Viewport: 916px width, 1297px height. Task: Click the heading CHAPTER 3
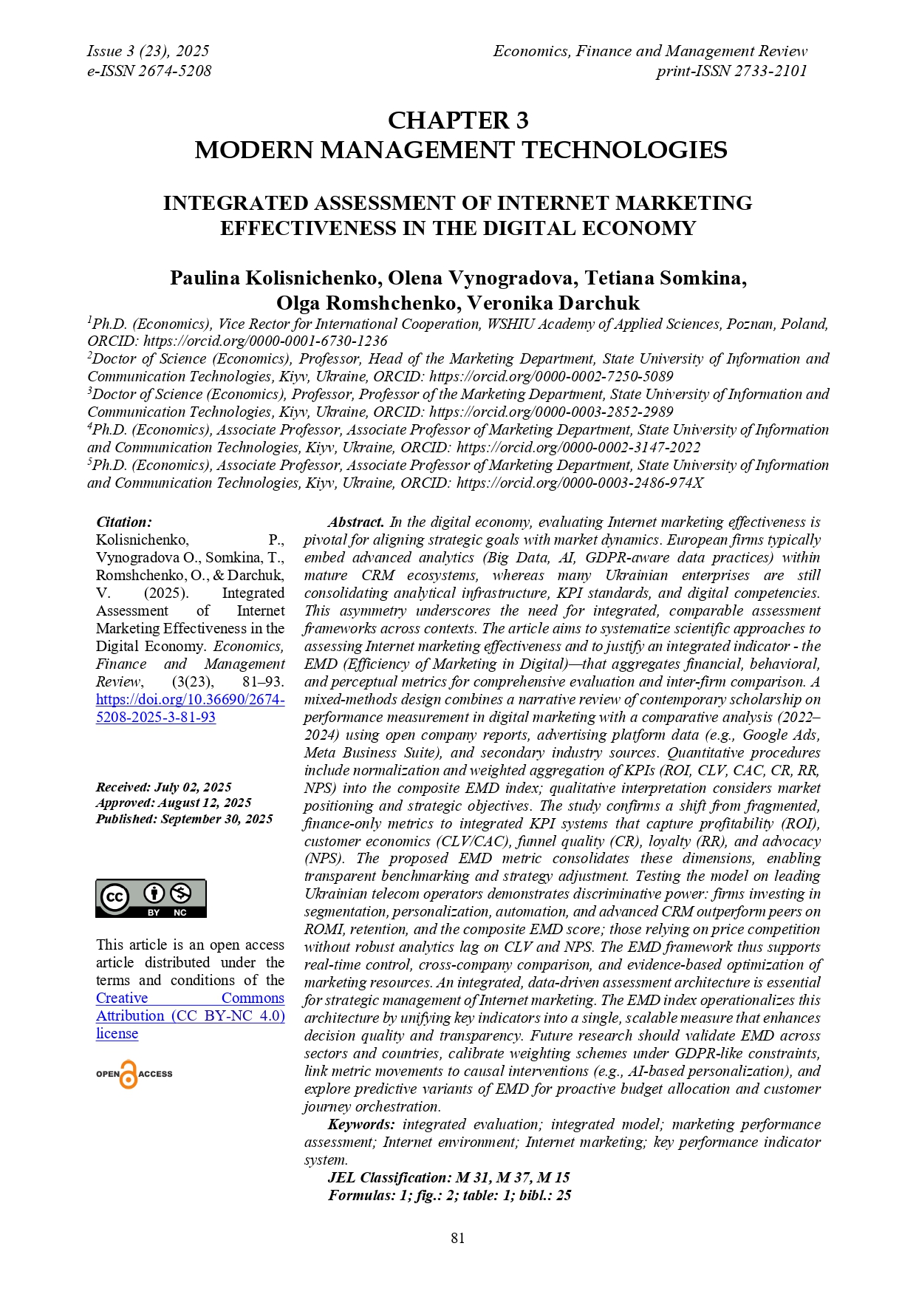458,120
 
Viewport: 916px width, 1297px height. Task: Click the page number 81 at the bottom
458,1238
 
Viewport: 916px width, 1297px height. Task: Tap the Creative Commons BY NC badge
151,899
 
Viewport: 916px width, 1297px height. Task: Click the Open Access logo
134,1074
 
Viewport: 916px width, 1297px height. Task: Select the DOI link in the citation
190,708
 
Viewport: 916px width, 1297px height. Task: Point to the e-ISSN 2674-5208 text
149,71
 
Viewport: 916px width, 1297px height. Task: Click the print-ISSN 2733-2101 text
731,71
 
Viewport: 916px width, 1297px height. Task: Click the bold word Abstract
355,522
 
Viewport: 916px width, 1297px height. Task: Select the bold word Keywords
361,1124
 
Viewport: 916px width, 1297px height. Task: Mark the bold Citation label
124,522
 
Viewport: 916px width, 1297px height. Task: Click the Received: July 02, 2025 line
163,787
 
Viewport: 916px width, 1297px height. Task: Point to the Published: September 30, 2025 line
184,819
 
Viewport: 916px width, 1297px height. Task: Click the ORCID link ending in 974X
579,483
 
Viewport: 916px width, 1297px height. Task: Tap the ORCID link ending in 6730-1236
265,341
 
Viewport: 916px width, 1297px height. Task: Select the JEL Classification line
448,1177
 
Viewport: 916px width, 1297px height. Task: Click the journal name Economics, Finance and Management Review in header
650,51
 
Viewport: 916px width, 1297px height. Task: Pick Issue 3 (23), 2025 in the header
148,51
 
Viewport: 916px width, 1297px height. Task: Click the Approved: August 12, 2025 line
174,803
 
